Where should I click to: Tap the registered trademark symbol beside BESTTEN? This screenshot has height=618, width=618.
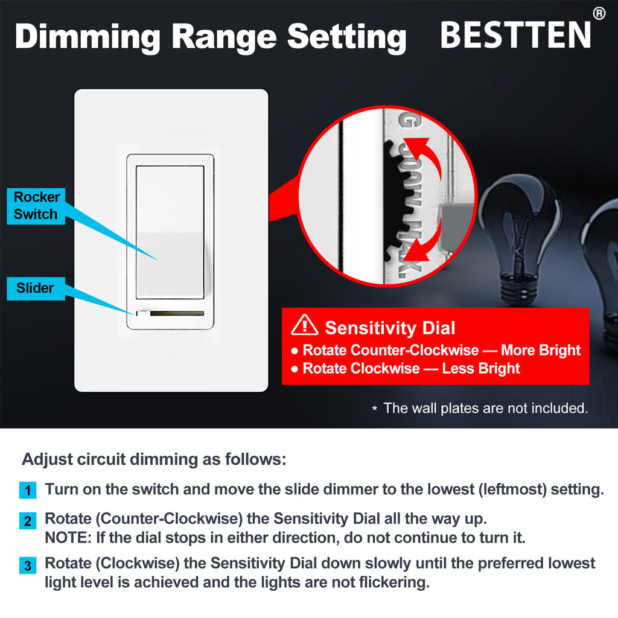(599, 13)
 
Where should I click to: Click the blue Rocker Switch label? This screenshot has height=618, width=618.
(36, 206)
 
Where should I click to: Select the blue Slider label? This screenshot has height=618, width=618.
(36, 288)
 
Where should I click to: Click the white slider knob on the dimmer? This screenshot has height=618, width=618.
(142, 314)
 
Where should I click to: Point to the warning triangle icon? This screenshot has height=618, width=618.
(304, 325)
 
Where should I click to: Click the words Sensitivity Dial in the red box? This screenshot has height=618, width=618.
(390, 328)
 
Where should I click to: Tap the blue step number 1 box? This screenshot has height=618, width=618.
(28, 490)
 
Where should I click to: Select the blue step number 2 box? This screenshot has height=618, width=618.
(28, 521)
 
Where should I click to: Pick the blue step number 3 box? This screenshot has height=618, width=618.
(28, 565)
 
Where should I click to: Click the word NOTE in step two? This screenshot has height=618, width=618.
(68, 538)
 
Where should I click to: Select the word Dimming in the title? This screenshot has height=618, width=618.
(88, 37)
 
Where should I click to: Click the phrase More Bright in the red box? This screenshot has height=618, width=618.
(541, 351)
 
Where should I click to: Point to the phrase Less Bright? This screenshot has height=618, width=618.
(481, 369)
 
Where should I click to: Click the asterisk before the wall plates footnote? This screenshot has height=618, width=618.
(374, 409)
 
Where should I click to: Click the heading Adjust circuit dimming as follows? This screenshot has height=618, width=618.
(154, 459)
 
